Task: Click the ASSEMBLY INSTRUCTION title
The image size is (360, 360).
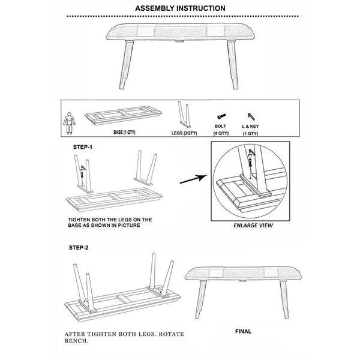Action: point(180,8)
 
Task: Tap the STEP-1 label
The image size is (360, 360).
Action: point(83,147)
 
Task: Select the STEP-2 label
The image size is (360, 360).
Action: point(79,248)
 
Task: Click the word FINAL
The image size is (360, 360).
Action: point(244,331)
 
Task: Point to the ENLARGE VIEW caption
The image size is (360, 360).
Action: point(253,226)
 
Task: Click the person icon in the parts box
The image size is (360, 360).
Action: point(69,123)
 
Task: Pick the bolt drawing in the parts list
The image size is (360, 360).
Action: point(221,116)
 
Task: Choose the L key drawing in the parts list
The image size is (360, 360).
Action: point(251,116)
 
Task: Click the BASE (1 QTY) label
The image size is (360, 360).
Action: point(124,132)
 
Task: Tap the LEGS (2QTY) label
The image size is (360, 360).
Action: point(184,133)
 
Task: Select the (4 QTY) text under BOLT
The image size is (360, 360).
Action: point(221,133)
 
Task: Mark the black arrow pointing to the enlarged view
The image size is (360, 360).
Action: point(193,179)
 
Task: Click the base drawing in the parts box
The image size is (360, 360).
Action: point(123,115)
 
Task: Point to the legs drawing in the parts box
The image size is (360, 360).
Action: point(184,115)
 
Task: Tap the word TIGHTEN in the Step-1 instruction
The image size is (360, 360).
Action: point(80,220)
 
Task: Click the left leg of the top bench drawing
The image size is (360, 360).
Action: point(126,65)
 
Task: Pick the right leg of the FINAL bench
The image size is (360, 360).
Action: point(284,299)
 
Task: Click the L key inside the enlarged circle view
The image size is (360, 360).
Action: point(251,152)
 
